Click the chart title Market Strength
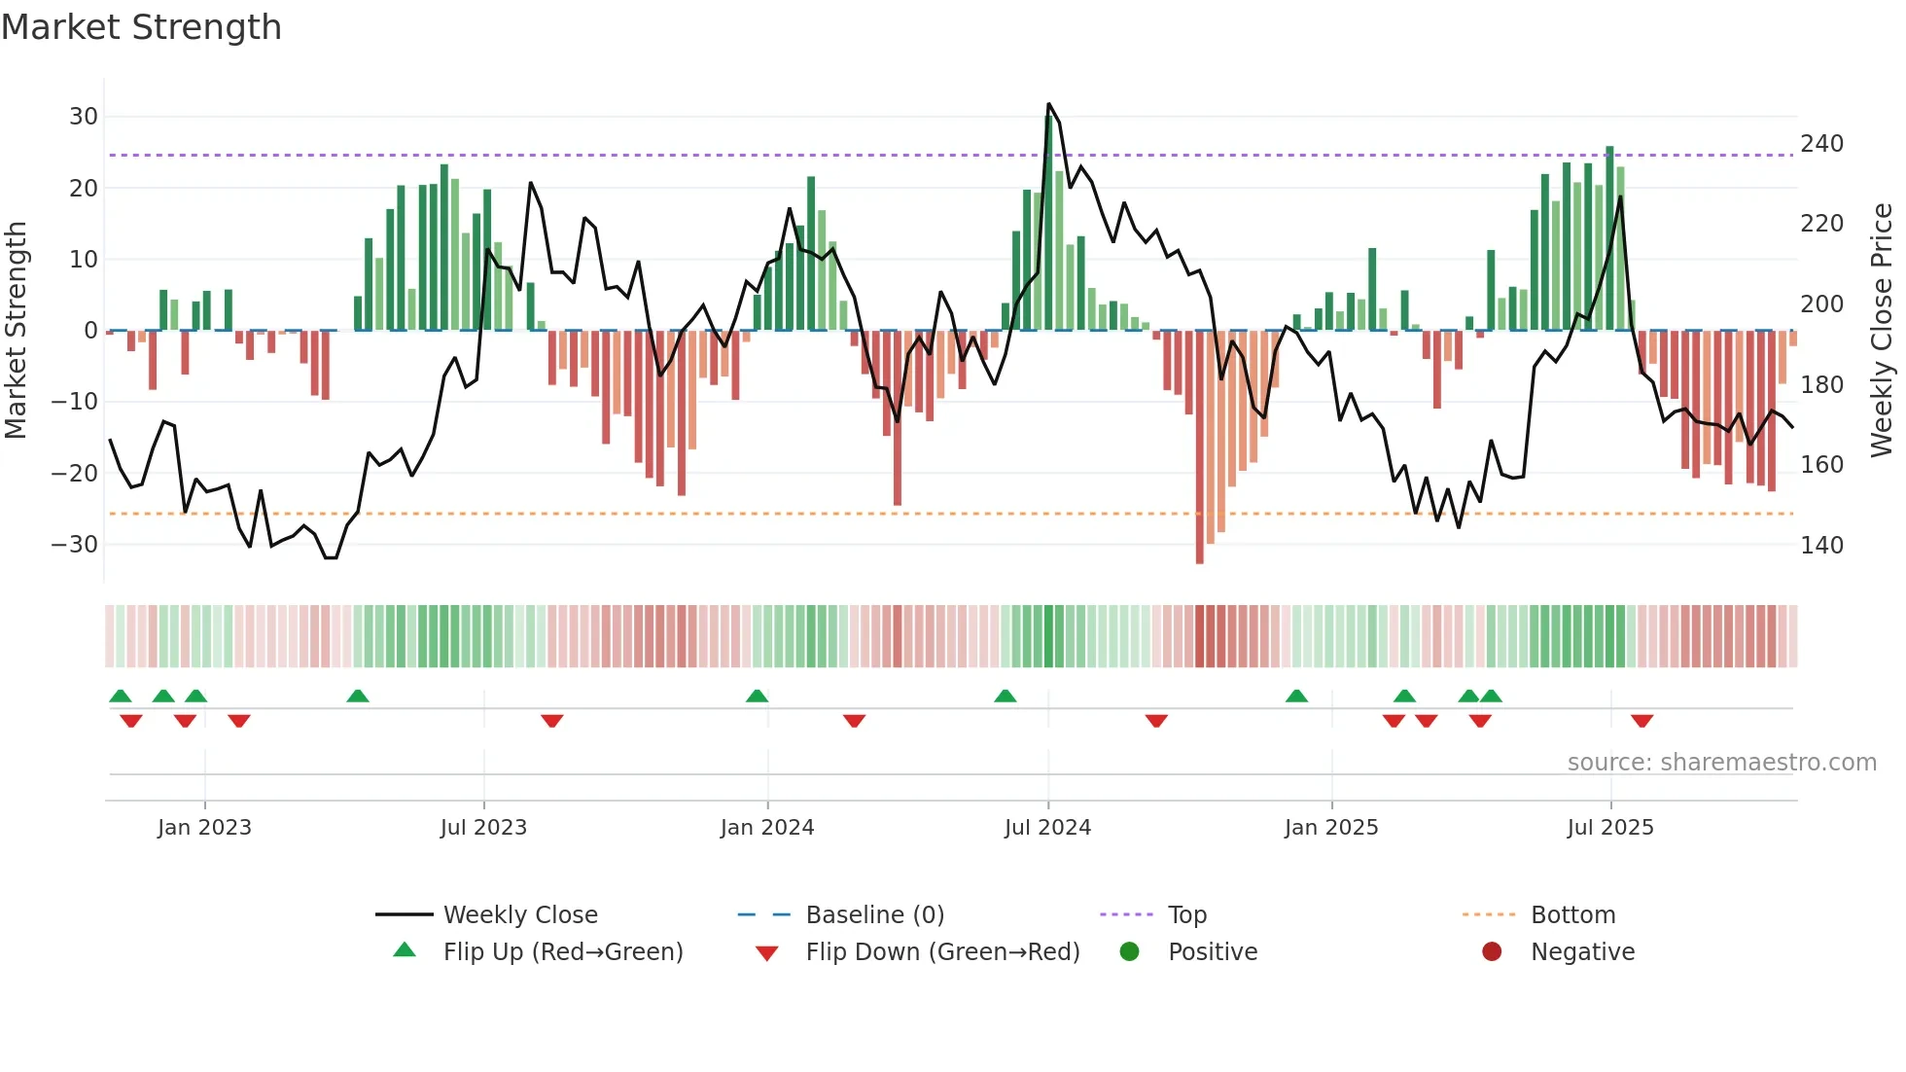point(141,27)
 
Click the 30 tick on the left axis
point(84,117)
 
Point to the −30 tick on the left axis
point(76,545)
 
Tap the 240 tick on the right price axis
point(1821,144)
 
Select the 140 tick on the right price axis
point(1821,546)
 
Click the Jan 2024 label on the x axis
point(767,828)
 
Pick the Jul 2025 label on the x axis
point(1610,828)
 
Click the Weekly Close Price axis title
point(1882,330)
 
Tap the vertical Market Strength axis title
point(17,330)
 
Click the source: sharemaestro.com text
point(1721,763)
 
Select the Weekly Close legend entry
point(520,915)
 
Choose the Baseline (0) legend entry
point(874,915)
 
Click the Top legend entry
point(1186,915)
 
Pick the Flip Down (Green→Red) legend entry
point(942,952)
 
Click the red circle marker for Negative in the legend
point(1492,951)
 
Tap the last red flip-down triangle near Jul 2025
point(1642,721)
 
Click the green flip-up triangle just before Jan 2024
point(757,696)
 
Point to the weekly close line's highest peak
point(1048,103)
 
